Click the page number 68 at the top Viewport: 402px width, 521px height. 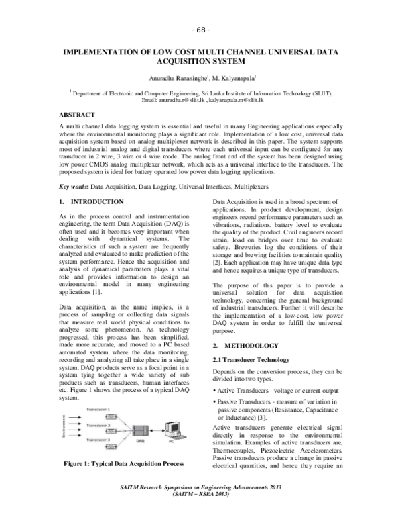(201, 31)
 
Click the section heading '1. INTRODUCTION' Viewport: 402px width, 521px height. (92, 201)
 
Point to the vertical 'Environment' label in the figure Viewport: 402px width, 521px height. (64, 428)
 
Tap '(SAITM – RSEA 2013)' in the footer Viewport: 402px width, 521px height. (201, 512)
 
